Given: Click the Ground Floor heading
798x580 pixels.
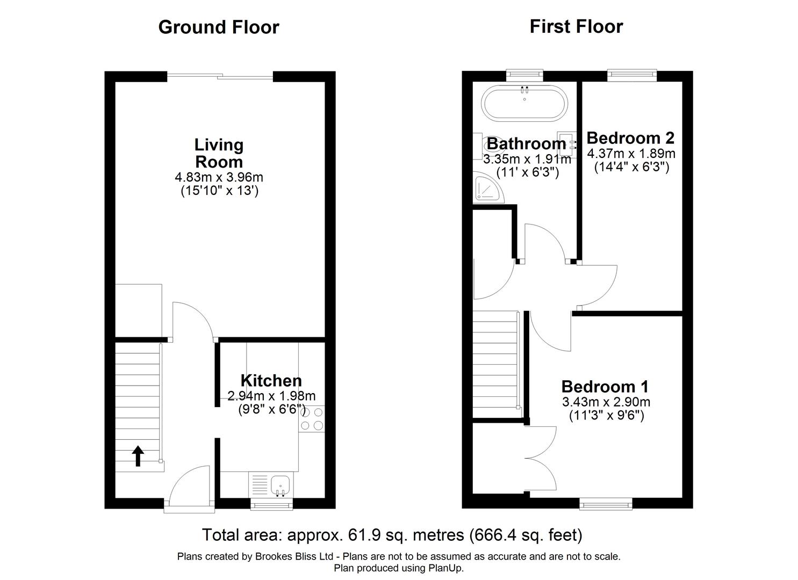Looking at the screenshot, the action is tap(219, 27).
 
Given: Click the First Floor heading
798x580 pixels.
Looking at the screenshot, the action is tap(577, 26).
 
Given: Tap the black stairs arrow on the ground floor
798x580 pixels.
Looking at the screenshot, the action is tap(138, 456).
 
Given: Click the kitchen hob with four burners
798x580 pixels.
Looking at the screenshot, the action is tap(312, 419).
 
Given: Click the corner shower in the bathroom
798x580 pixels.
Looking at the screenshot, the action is tap(488, 188).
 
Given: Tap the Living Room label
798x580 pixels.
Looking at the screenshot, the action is tap(219, 153).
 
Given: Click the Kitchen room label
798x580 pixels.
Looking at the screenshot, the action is tap(271, 381).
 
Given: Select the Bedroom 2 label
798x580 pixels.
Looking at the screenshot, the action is tap(630, 138).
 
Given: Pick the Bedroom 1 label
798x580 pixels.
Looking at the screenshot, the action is tap(605, 387).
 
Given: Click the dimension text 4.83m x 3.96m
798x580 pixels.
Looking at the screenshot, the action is tap(219, 177).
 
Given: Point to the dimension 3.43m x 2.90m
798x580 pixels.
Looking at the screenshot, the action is tap(606, 402).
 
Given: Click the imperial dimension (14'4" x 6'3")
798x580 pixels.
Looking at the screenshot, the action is tap(631, 167).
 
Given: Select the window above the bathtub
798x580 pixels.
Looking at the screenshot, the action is tap(525, 75).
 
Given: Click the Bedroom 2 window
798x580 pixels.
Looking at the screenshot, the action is tap(632, 75).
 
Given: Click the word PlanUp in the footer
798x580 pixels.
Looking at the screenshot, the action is tap(447, 568).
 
